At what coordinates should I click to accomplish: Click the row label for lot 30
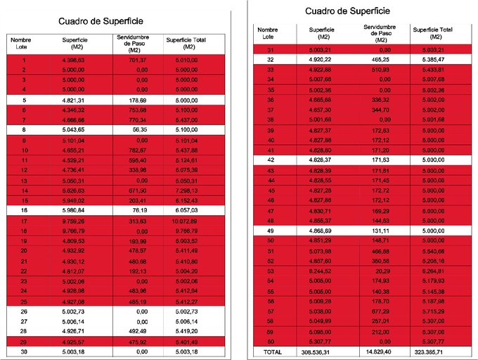click(x=24, y=351)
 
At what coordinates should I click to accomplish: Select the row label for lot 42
click(x=271, y=160)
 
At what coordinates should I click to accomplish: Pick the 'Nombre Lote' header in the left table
click(x=21, y=44)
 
